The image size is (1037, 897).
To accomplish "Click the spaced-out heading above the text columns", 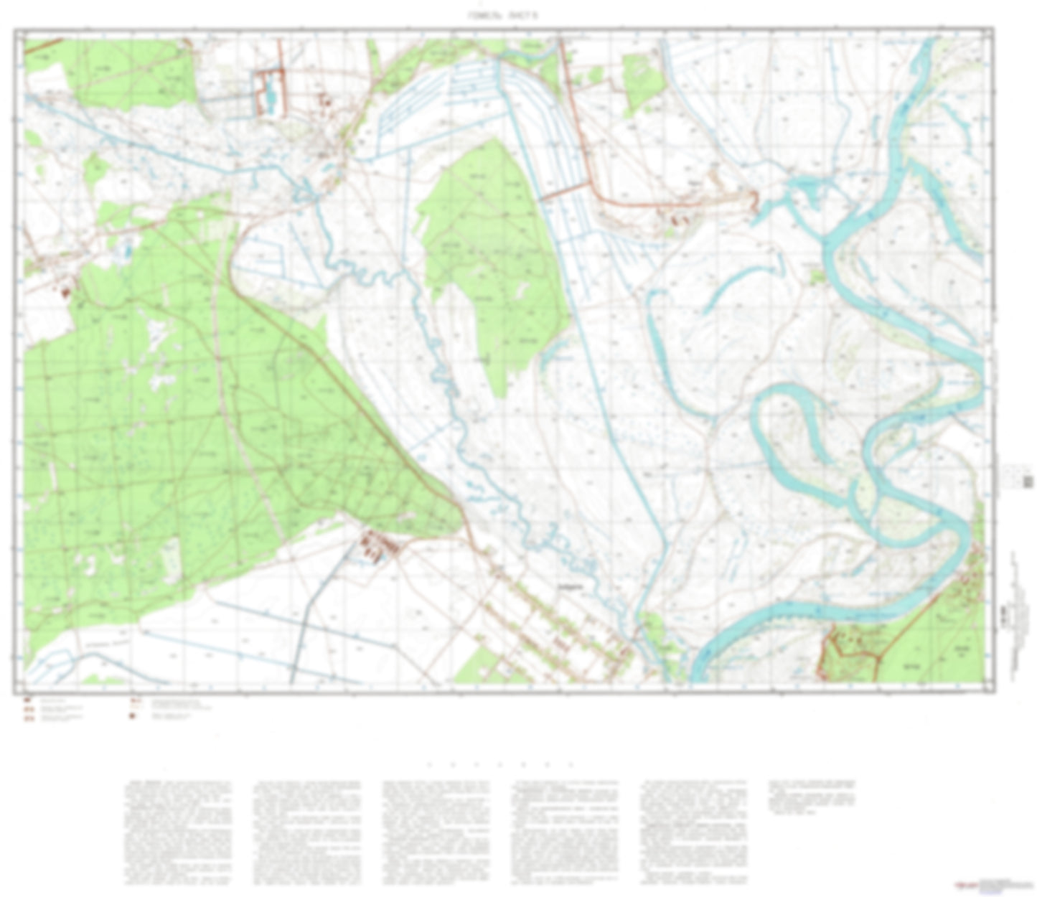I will pyautogui.click(x=500, y=765).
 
